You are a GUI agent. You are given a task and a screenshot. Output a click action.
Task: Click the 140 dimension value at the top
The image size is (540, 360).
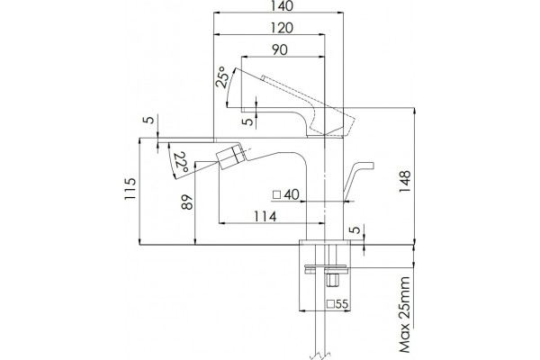(x=283, y=6)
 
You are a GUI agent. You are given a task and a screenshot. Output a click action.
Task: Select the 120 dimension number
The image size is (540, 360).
(x=282, y=28)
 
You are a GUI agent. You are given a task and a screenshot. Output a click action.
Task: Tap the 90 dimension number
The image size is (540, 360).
(x=280, y=50)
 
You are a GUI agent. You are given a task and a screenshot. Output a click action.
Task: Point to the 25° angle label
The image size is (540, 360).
(x=222, y=77)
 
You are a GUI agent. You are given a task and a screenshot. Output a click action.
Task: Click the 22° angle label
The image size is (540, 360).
(x=181, y=162)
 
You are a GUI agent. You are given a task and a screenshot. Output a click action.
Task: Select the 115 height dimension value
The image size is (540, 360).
(x=130, y=189)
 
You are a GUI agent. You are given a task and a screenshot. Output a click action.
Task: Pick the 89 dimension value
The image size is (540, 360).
(x=187, y=202)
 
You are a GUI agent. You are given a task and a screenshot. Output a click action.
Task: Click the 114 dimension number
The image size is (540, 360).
(x=265, y=217)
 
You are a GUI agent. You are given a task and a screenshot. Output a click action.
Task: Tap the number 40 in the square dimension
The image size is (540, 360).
(x=292, y=194)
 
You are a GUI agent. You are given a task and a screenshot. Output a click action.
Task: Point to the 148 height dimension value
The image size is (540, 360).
(x=405, y=182)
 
